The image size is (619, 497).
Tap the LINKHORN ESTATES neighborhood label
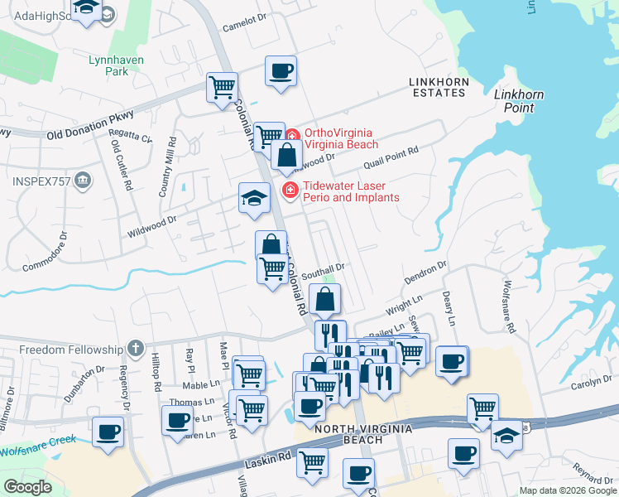438,87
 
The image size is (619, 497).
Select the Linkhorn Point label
519,101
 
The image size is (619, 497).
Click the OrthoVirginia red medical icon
292,136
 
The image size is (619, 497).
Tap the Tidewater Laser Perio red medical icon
290,191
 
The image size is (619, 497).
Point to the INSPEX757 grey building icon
83,180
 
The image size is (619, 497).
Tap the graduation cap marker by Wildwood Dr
255,197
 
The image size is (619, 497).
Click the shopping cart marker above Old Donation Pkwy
222,86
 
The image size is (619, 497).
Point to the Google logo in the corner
27,487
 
